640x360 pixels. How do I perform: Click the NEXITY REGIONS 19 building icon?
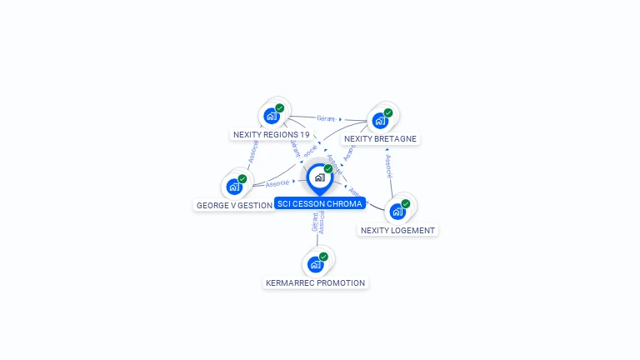pos(271,116)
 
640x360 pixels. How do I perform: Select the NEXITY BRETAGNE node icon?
pos(380,120)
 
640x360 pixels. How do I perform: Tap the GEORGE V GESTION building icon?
pos(234,187)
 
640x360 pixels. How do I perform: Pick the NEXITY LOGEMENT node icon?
pos(397,211)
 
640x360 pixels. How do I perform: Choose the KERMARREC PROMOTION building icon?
pos(315,264)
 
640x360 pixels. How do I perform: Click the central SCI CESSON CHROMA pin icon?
pos(319,177)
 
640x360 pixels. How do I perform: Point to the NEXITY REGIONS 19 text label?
pos(271,134)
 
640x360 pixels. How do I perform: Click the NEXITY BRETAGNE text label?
pos(380,139)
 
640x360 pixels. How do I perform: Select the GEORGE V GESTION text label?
pos(234,205)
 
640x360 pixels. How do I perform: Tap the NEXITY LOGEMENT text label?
pos(397,230)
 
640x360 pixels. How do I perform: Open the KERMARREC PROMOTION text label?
pos(315,283)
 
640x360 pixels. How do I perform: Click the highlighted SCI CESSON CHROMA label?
pos(319,203)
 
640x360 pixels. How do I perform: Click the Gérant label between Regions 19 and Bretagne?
pos(326,118)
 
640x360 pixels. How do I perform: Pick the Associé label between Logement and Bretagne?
pos(388,166)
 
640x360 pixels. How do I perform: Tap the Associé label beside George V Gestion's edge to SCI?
pos(277,182)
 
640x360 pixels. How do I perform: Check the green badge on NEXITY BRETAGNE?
pos(388,112)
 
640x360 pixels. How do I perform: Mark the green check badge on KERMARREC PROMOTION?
pos(323,257)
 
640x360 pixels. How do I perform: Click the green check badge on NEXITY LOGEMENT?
pos(406,203)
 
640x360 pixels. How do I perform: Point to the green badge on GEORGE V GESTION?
pos(242,179)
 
